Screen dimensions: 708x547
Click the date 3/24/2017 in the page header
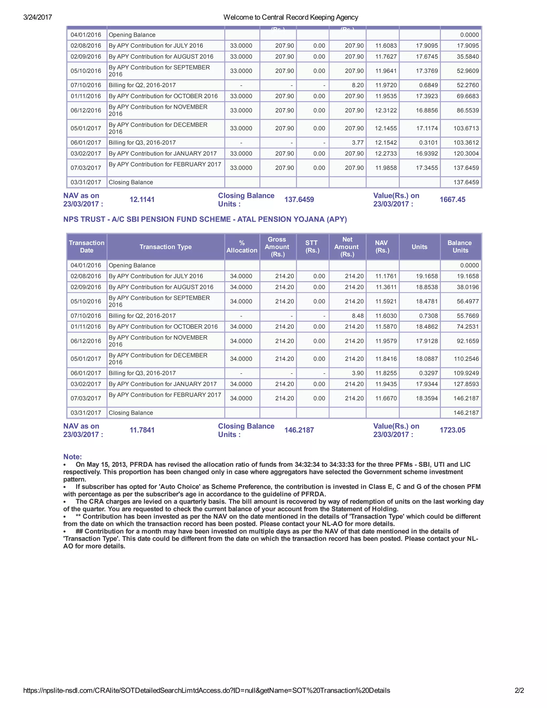coord(38,17)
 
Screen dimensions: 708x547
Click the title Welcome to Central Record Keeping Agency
coord(291,17)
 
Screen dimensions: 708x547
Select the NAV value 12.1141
coord(142,200)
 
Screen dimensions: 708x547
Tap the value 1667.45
coord(452,200)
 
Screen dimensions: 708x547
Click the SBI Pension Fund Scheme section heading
coord(205,219)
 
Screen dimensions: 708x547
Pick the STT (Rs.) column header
coord(312,247)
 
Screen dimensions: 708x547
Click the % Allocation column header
coord(242,247)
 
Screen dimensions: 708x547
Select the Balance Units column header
coord(460,247)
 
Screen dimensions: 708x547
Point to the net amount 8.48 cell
coord(357,316)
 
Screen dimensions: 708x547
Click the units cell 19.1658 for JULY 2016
coord(427,276)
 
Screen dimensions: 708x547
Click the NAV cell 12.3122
coord(386,111)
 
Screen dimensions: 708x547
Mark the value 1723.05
coord(452,430)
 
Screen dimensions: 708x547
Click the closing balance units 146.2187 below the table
coord(299,430)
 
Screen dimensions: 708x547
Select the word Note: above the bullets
coord(73,457)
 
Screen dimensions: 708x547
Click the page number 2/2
coord(519,690)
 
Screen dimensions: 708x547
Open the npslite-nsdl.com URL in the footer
coord(206,690)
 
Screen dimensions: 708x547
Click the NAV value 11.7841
coord(142,430)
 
